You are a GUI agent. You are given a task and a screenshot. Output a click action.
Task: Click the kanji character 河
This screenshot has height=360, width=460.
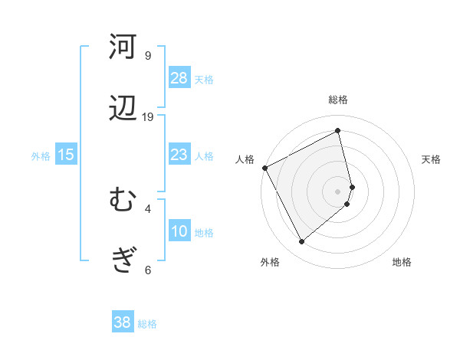point(123,47)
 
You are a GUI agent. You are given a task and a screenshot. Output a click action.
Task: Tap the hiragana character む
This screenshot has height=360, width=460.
point(123,201)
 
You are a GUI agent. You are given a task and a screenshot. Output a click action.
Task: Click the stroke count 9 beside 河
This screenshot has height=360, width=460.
point(148,56)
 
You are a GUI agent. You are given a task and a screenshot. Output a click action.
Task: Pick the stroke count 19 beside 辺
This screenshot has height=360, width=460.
point(148,116)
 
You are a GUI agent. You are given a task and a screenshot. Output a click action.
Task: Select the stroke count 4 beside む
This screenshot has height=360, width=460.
point(148,208)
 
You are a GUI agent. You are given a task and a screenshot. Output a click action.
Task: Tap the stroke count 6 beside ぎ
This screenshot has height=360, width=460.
point(148,270)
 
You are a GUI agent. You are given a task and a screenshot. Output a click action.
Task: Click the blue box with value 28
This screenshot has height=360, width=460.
point(179,77)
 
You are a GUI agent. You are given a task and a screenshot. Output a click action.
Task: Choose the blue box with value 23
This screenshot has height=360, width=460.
point(179,155)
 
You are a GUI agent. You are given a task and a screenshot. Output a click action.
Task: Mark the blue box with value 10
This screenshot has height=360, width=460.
point(179,231)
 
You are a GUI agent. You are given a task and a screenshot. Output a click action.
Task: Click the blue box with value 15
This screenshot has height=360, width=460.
point(66,155)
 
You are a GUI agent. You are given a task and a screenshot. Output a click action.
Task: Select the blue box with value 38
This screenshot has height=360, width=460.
point(123,322)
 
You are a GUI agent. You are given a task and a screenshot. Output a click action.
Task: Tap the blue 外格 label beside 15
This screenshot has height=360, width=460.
point(41,156)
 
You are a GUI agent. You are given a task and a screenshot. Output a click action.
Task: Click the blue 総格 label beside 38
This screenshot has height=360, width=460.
point(147,324)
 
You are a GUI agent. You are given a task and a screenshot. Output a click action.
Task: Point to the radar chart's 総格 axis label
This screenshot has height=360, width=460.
point(338,100)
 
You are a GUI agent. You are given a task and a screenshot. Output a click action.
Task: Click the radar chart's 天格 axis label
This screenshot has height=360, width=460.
point(432,159)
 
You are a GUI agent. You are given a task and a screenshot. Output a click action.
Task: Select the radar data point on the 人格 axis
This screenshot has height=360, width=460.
point(265,168)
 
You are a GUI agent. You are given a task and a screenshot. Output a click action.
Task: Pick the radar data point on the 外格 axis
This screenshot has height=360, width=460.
point(301,242)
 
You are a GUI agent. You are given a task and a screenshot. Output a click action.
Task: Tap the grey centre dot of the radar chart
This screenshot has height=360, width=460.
point(338,191)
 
